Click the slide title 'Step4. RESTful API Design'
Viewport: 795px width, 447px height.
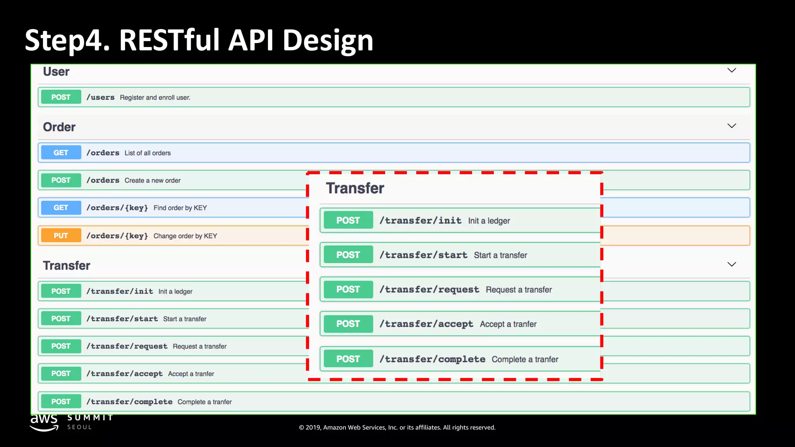[x=199, y=40]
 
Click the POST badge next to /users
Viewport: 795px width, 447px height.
[x=61, y=97]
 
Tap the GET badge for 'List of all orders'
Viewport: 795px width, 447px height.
[x=61, y=153]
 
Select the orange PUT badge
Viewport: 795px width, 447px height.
[x=61, y=236]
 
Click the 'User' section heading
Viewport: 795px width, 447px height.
[x=56, y=72]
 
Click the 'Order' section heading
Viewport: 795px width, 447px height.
[x=59, y=127]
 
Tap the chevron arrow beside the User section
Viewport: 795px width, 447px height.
[x=731, y=71]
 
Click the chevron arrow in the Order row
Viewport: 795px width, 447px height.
[x=731, y=126]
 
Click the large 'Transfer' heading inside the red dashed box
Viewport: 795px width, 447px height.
[x=355, y=188]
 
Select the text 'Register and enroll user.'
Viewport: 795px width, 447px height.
[x=155, y=97]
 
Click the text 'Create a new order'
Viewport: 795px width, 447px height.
[x=153, y=180]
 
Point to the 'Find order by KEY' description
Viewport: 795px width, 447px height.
[x=180, y=208]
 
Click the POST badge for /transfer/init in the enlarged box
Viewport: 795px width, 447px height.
[x=348, y=220]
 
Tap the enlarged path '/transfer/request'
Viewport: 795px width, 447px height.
[x=429, y=289]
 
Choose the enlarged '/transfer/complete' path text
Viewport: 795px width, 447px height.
[x=432, y=359]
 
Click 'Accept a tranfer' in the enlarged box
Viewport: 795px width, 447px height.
[x=508, y=324]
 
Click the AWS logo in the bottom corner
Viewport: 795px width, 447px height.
[x=44, y=422]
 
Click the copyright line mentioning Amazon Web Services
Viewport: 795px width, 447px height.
[x=397, y=428]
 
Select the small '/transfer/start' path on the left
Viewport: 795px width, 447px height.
[x=122, y=319]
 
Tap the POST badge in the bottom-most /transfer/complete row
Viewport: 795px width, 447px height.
[x=61, y=402]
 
